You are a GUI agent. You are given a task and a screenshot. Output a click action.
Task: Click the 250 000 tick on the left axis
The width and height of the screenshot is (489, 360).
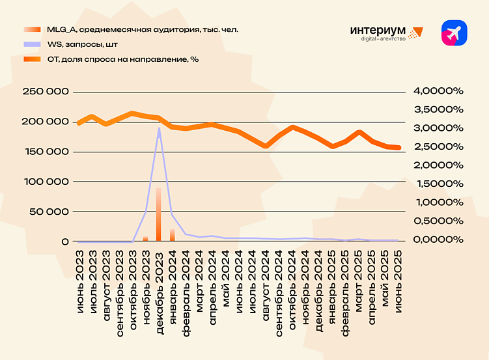pos(46,92)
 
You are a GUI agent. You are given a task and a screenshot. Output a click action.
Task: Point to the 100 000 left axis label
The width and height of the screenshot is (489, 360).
pos(46,182)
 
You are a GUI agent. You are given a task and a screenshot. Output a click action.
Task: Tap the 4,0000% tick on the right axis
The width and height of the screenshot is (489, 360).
pos(438,91)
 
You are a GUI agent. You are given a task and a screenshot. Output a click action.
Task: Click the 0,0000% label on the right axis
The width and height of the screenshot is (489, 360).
pos(438,240)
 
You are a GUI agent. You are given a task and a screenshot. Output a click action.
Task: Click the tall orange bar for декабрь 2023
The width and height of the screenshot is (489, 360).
pos(158,215)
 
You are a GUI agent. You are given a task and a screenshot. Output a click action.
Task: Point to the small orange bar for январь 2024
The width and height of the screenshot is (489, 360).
pos(172,235)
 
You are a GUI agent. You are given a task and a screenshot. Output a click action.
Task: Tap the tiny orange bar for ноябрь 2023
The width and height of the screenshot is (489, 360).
pos(145,238)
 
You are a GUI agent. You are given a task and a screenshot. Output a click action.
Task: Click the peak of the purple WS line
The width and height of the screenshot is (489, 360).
pos(158,128)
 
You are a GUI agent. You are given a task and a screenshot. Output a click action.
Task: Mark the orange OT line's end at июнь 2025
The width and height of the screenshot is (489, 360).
pos(398,148)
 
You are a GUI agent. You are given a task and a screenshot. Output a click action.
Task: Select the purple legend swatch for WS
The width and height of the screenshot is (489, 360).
pos(32,45)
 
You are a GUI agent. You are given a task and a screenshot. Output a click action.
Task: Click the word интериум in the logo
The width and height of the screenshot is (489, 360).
pos(377,30)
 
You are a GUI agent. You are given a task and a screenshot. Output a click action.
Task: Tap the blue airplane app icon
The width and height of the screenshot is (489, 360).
pos(454,33)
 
